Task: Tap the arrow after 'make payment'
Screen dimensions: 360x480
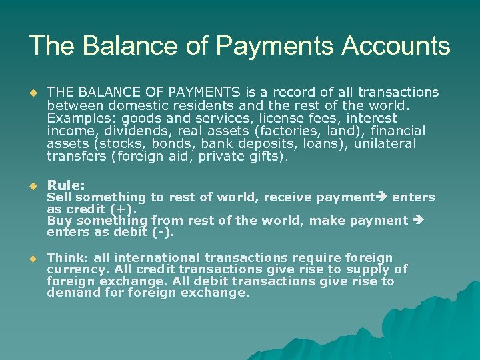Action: point(419,221)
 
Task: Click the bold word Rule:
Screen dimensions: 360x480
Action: point(65,185)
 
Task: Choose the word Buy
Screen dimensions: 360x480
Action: point(59,221)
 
